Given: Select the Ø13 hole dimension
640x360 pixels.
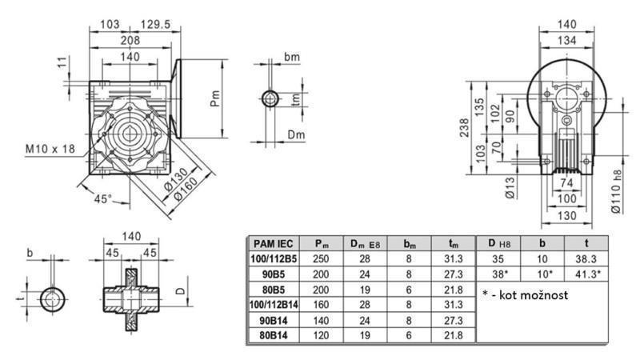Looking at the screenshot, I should tap(510, 185).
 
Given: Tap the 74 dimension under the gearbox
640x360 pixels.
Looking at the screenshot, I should tap(567, 183).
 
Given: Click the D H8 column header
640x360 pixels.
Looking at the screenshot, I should tap(497, 243).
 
